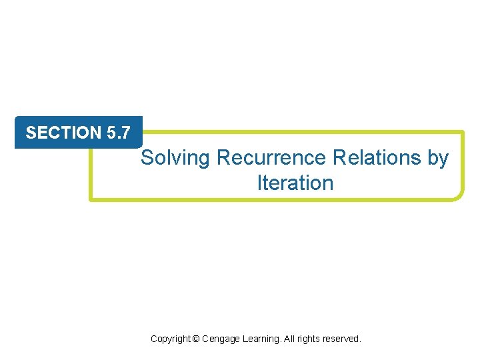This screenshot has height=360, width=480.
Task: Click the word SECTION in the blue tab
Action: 63,133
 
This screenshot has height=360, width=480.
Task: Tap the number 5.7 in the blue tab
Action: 118,133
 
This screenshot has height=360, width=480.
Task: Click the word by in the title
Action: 437,159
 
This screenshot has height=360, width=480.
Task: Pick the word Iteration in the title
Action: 295,183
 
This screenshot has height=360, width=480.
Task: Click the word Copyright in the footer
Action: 170,339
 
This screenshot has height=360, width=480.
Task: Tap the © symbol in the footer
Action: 195,339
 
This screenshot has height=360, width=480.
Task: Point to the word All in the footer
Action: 291,339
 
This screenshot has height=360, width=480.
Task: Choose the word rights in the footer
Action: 309,339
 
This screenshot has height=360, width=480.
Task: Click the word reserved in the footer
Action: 341,339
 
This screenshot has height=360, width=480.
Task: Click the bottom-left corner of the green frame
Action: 92,198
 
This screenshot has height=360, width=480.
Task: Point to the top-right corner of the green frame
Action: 461,133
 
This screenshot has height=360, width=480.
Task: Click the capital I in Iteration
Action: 260,183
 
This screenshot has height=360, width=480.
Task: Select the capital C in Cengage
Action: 205,339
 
